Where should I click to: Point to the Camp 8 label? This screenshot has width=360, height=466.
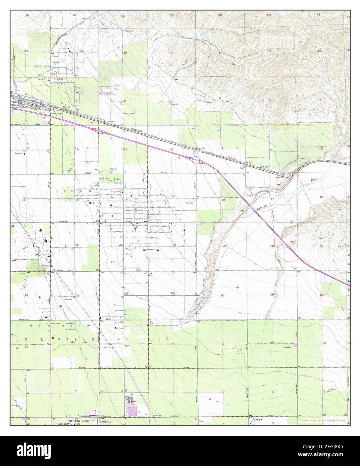258,419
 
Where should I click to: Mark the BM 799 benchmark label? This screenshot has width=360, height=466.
201,148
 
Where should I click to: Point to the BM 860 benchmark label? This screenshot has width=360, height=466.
249,162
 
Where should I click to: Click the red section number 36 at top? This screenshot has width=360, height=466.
171,53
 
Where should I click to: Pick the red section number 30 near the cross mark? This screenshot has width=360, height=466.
222,295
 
